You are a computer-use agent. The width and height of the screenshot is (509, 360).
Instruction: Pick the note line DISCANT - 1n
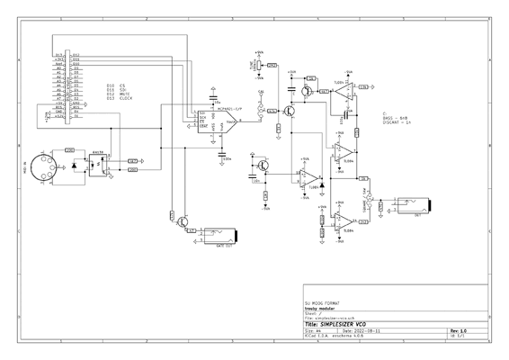tap(397, 123)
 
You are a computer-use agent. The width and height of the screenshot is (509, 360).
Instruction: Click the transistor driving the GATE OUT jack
tap(183, 220)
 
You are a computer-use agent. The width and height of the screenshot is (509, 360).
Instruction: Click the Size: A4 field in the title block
tap(315, 330)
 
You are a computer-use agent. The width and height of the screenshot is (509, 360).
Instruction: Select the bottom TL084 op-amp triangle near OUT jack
tap(343, 221)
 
